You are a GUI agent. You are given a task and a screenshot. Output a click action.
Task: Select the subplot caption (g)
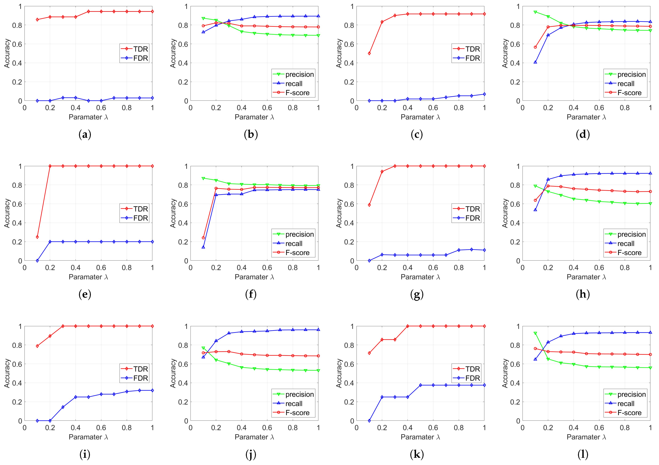point(417,294)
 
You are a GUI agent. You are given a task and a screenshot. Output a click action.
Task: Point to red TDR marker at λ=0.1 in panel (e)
point(37,237)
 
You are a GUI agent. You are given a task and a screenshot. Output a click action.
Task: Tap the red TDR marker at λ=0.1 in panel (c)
point(369,53)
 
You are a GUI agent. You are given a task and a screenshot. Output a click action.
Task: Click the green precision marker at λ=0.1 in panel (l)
point(535,333)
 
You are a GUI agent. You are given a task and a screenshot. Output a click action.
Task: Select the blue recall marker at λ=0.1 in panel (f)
point(203,247)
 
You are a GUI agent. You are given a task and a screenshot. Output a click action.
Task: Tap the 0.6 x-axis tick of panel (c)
point(433,108)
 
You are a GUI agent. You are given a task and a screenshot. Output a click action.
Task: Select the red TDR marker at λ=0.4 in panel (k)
point(408,326)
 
